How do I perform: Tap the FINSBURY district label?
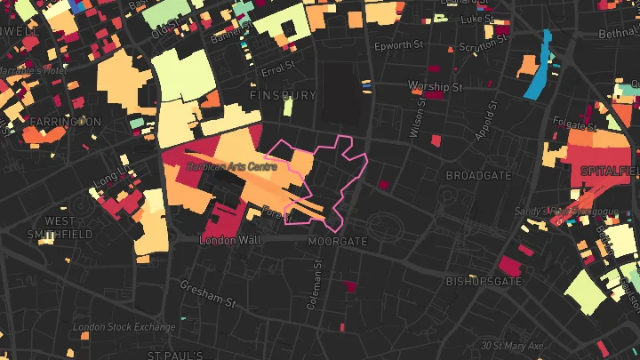(x=283, y=94)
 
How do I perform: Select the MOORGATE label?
(x=338, y=241)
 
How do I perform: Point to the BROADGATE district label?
(x=479, y=176)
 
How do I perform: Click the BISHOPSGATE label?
(x=484, y=282)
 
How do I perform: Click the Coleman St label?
(x=313, y=289)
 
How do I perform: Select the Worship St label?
(x=436, y=86)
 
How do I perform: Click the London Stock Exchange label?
(x=124, y=327)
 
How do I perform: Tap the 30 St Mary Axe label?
(x=511, y=345)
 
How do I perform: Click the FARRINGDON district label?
(x=63, y=121)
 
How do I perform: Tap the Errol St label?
(x=278, y=68)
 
